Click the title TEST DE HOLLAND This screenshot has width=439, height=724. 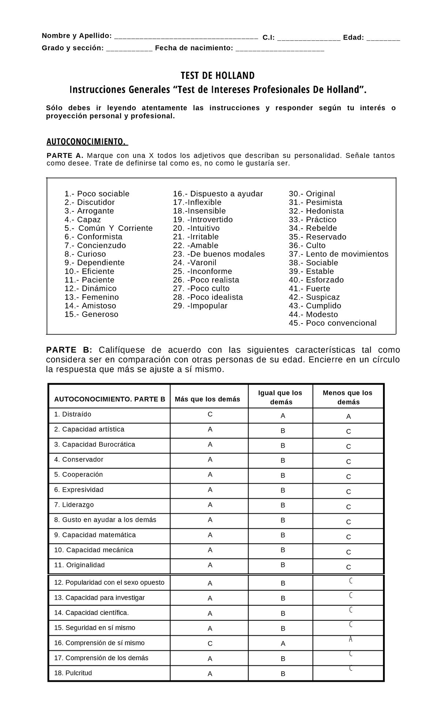pyautogui.click(x=218, y=75)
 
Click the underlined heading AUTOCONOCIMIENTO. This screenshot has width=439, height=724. pyautogui.click(x=87, y=141)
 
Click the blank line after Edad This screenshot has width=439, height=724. pyautogui.click(x=383, y=38)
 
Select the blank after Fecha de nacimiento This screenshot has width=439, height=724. pyautogui.click(x=280, y=49)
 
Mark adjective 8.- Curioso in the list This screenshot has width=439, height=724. pyautogui.click(x=85, y=254)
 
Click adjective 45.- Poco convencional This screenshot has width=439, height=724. pyautogui.click(x=333, y=323)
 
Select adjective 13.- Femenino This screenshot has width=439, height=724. pyautogui.click(x=92, y=297)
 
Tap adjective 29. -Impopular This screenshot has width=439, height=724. pyautogui.click(x=200, y=306)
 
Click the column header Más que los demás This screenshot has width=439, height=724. pyautogui.click(x=207, y=399)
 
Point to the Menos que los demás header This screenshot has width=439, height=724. pyautogui.click(x=348, y=397)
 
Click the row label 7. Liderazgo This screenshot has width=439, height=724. pyautogui.click(x=74, y=505)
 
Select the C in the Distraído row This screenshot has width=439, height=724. pyautogui.click(x=210, y=414)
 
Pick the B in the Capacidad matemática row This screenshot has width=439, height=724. pyautogui.click(x=283, y=535)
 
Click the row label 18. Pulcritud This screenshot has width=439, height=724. pyautogui.click(x=73, y=673)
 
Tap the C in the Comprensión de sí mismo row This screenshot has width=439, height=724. pyautogui.click(x=210, y=643)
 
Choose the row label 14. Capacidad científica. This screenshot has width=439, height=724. pyautogui.click(x=91, y=613)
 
